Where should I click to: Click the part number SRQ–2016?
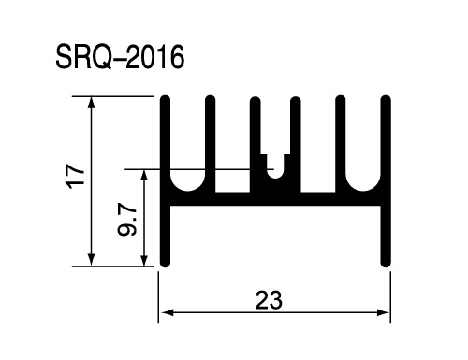[x=120, y=57]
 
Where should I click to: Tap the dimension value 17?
[x=76, y=176]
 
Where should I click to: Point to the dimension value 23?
[x=269, y=300]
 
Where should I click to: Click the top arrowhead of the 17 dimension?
[x=91, y=102]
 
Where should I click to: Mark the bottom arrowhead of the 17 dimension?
[x=91, y=261]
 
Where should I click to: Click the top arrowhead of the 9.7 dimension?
[x=144, y=175]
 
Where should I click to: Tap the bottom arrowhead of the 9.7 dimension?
[x=144, y=261]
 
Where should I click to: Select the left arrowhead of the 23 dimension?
[x=168, y=312]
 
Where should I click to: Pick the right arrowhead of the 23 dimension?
[x=384, y=312]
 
